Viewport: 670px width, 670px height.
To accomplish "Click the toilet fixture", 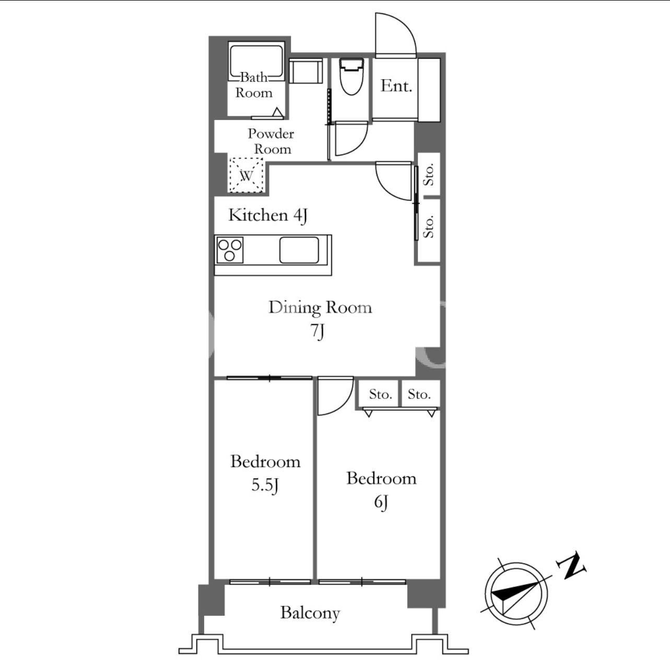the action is [x=351, y=77].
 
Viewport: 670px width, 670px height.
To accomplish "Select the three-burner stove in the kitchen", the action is [x=229, y=250].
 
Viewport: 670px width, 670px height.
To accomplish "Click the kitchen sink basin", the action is [x=299, y=250].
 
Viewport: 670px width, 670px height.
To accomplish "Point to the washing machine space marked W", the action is [x=246, y=175].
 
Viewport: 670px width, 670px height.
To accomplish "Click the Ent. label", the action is [x=396, y=86].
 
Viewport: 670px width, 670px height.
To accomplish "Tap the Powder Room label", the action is [x=271, y=141].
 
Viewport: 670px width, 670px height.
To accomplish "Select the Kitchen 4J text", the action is [x=268, y=216].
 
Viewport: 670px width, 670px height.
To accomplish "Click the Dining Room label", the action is [x=320, y=308].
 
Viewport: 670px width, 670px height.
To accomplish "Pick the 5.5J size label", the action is [x=265, y=485].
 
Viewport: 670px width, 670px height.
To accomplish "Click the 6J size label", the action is [x=381, y=502].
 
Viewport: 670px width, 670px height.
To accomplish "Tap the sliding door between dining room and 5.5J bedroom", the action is [x=269, y=378].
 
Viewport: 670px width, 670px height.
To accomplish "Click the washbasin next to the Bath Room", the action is [x=305, y=71].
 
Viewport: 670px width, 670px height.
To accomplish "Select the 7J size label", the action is [x=318, y=331].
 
